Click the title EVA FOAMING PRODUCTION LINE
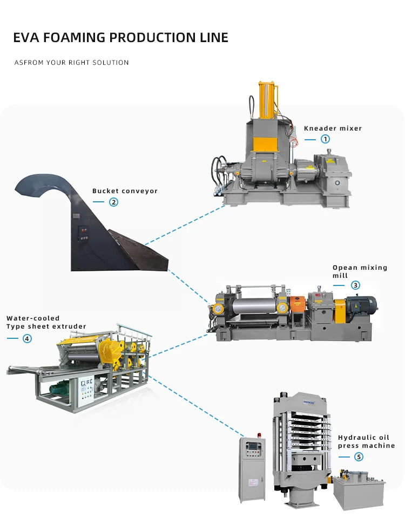[120, 38]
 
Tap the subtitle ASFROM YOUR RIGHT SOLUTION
[71, 63]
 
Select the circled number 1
[325, 139]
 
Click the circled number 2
[113, 202]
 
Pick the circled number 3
[355, 285]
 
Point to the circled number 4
[27, 338]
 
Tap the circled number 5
[359, 456]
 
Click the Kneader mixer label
[333, 128]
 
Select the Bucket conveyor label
[125, 191]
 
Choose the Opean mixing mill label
[353, 271]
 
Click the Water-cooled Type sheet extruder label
[46, 322]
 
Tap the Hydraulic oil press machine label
[366, 441]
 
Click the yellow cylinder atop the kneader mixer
[268, 101]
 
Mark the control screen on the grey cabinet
[254, 447]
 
